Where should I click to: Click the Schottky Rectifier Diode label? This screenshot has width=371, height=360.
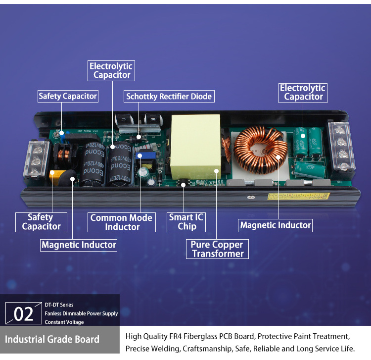(x=169, y=97)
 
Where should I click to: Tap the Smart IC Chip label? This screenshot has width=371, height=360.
(x=186, y=222)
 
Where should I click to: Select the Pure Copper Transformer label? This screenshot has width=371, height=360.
(x=218, y=249)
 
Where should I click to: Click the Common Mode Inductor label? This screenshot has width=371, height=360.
(x=121, y=222)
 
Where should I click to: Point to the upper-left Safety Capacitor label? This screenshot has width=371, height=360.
(x=68, y=96)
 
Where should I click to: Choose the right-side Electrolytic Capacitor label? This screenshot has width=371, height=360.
(x=303, y=93)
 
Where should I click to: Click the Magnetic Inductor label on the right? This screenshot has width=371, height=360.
(x=276, y=225)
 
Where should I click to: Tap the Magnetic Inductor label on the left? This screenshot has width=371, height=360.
(x=79, y=245)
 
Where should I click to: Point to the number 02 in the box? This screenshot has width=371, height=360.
(x=24, y=314)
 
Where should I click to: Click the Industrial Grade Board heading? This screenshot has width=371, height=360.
(x=52, y=339)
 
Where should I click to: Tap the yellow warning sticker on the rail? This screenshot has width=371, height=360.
(x=298, y=196)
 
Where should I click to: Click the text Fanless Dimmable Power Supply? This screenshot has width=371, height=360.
(x=81, y=313)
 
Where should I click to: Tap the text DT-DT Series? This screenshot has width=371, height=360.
(x=59, y=305)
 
